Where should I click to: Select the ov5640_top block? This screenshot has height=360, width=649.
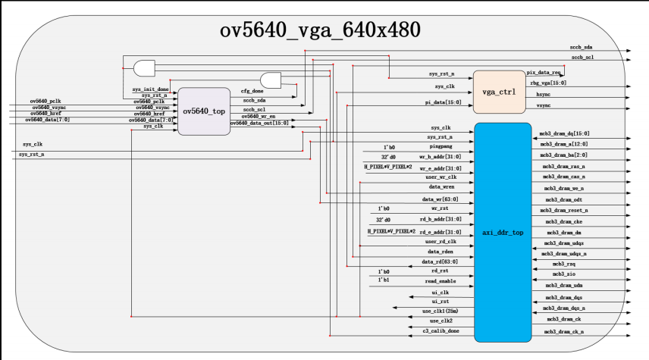(x=204, y=111)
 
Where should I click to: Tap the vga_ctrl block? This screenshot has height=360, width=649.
(x=499, y=92)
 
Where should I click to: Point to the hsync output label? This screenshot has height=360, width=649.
(x=544, y=95)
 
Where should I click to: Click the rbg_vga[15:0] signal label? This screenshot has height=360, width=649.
(x=547, y=83)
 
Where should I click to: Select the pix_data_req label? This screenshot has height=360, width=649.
(x=545, y=71)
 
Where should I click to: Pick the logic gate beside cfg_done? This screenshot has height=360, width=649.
(x=271, y=80)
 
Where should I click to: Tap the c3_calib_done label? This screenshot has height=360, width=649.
(x=441, y=332)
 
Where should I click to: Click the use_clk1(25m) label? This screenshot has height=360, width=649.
(x=440, y=311)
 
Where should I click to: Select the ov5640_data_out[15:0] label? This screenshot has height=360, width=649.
(x=265, y=123)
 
